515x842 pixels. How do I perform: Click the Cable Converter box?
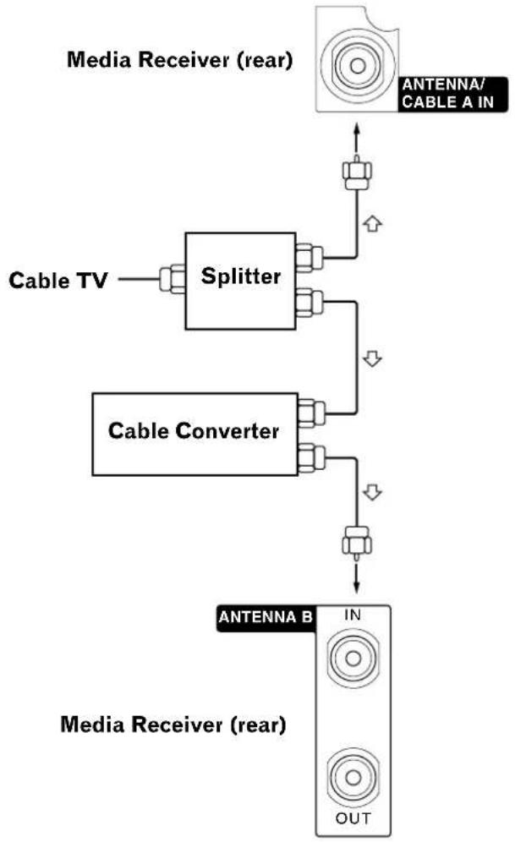(x=194, y=431)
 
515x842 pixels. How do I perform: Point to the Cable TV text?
(x=58, y=280)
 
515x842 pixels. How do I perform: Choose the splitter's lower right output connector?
(x=309, y=303)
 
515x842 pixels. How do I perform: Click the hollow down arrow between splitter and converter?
(x=369, y=358)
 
